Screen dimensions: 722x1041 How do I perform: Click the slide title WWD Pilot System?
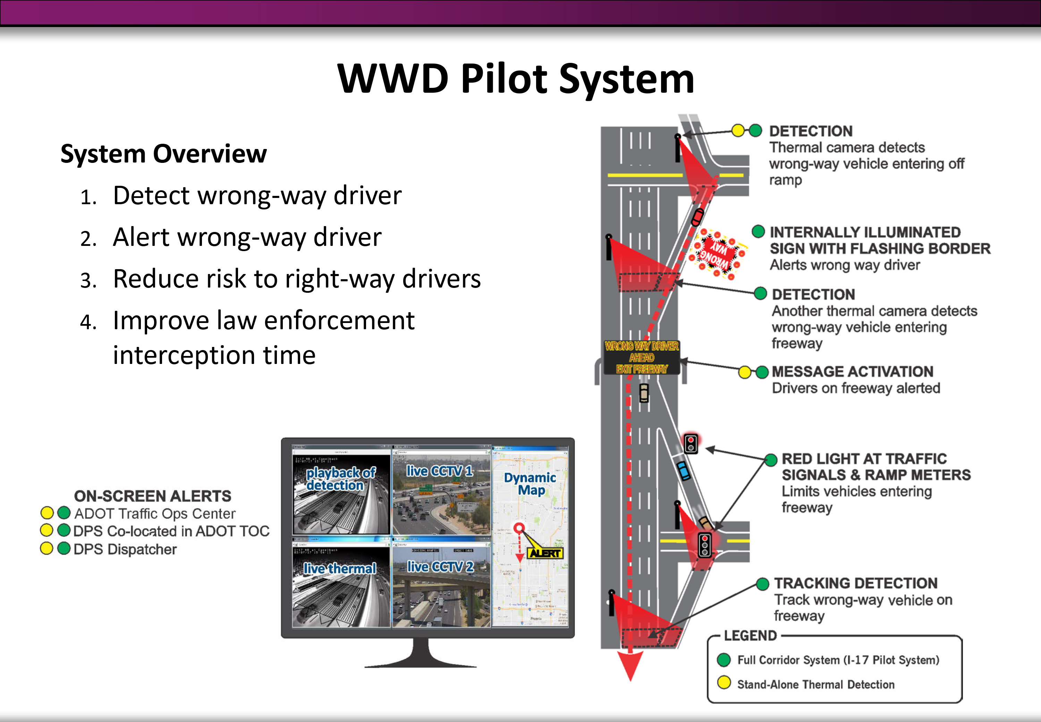(x=515, y=79)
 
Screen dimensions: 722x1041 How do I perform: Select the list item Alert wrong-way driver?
(x=247, y=237)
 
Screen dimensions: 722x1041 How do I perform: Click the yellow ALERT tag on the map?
(x=545, y=553)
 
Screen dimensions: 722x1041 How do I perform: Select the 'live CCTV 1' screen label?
(x=439, y=471)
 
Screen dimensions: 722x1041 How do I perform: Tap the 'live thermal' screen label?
(x=339, y=568)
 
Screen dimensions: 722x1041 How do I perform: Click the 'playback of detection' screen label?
(x=340, y=479)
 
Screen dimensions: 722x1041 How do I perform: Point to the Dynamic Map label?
(x=530, y=484)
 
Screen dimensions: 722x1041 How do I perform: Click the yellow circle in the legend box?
(x=724, y=683)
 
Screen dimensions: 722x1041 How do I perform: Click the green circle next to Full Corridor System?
(x=724, y=659)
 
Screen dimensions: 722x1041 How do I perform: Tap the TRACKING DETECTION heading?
(x=855, y=583)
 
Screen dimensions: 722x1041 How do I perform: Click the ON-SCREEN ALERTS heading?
(x=152, y=496)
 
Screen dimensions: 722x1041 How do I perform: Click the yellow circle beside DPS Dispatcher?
(x=46, y=548)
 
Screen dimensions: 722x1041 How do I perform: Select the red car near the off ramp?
(x=697, y=217)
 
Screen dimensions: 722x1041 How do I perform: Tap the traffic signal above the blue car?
(x=690, y=443)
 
